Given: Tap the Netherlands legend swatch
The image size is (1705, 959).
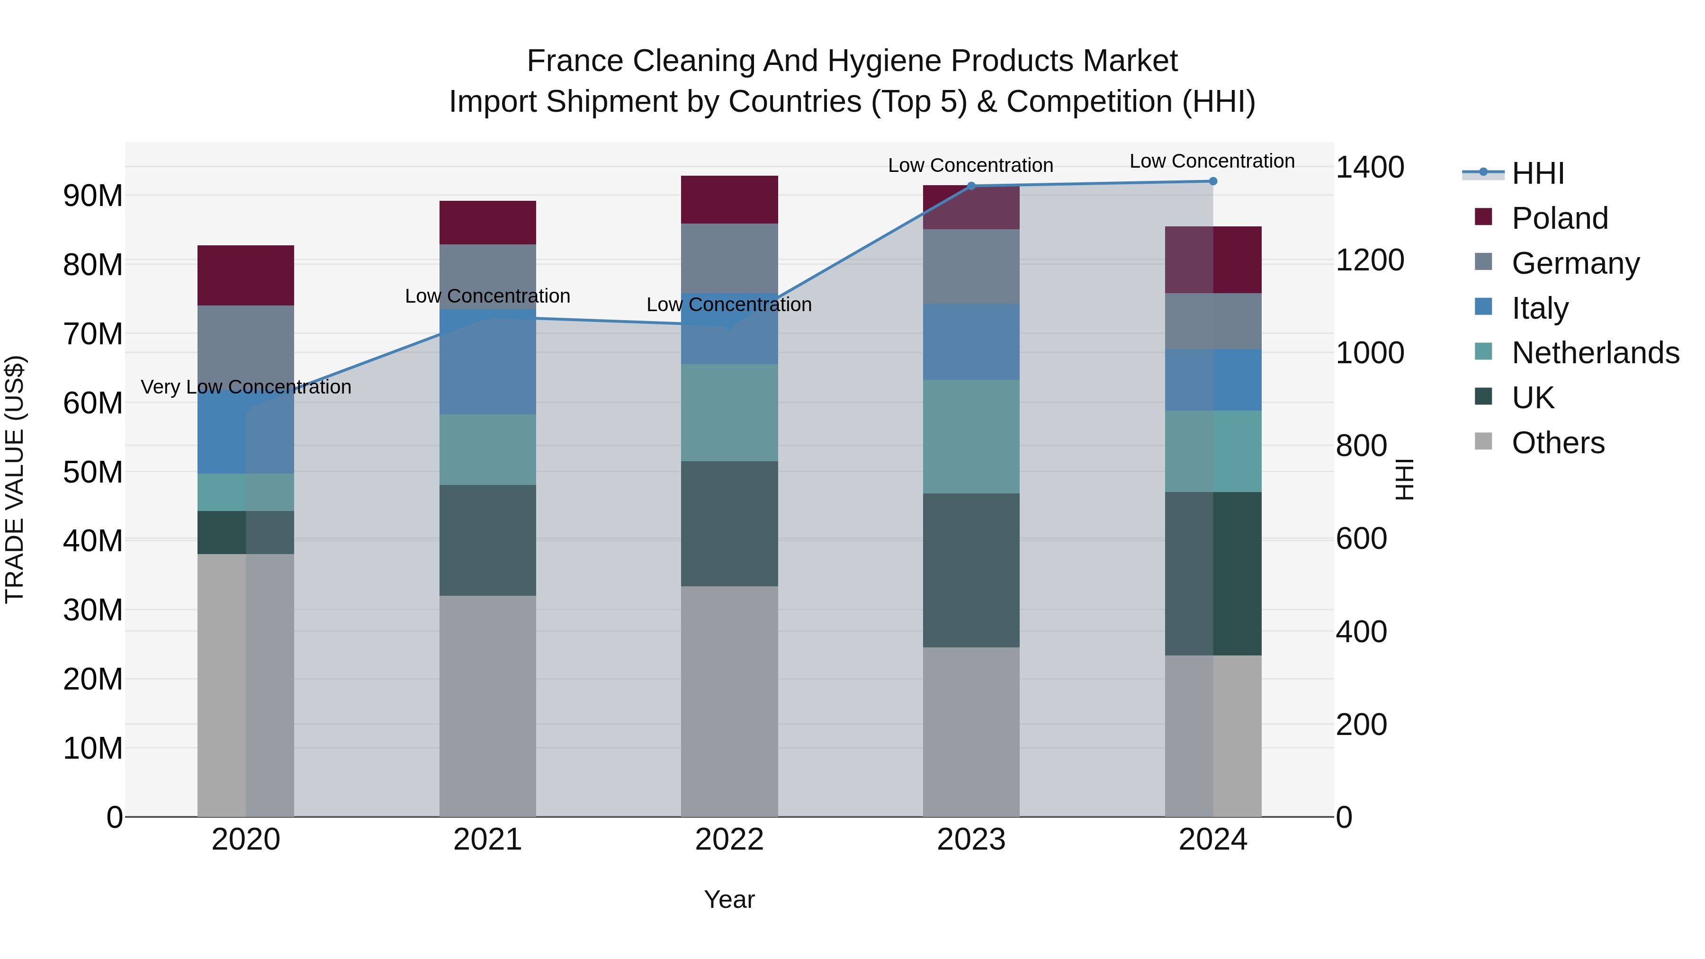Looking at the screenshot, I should [1483, 351].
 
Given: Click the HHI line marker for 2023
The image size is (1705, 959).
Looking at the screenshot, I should [971, 186].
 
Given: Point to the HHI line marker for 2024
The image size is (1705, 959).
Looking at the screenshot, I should [1212, 181].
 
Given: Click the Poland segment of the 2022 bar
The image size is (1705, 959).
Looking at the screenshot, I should [729, 199].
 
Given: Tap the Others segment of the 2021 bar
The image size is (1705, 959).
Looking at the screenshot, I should [487, 706].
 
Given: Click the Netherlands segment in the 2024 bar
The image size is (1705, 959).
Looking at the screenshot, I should [1212, 451].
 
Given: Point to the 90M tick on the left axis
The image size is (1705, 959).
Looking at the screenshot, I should [93, 196].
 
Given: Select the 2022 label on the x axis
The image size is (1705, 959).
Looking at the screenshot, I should [729, 840].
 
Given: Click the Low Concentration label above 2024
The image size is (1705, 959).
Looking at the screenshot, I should [1212, 161].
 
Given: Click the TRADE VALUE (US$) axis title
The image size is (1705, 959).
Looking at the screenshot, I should [15, 479].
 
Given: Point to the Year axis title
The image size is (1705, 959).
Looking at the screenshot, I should [729, 899].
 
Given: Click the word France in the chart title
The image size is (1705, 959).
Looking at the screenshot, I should [574, 61].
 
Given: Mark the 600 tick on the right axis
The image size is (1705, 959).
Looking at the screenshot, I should [1361, 539].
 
